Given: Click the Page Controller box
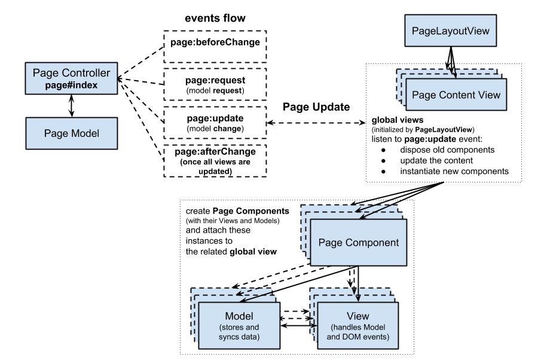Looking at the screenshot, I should [x=71, y=79].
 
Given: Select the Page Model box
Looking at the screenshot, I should [x=71, y=133].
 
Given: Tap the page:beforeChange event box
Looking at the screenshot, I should [x=215, y=47].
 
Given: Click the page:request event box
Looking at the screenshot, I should [x=215, y=85].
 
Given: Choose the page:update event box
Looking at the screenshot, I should [x=215, y=123].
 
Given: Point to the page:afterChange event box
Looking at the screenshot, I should [x=215, y=161].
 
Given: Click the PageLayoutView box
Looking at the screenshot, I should [x=451, y=30].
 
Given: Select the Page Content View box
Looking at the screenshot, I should [x=456, y=95].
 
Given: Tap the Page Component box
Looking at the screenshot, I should [x=358, y=243].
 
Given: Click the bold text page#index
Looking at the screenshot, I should [x=71, y=86].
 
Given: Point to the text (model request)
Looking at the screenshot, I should [x=215, y=90].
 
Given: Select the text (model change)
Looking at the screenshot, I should [x=215, y=129].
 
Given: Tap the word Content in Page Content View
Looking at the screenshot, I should [x=457, y=95].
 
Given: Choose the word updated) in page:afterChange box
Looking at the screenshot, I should [x=215, y=171].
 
